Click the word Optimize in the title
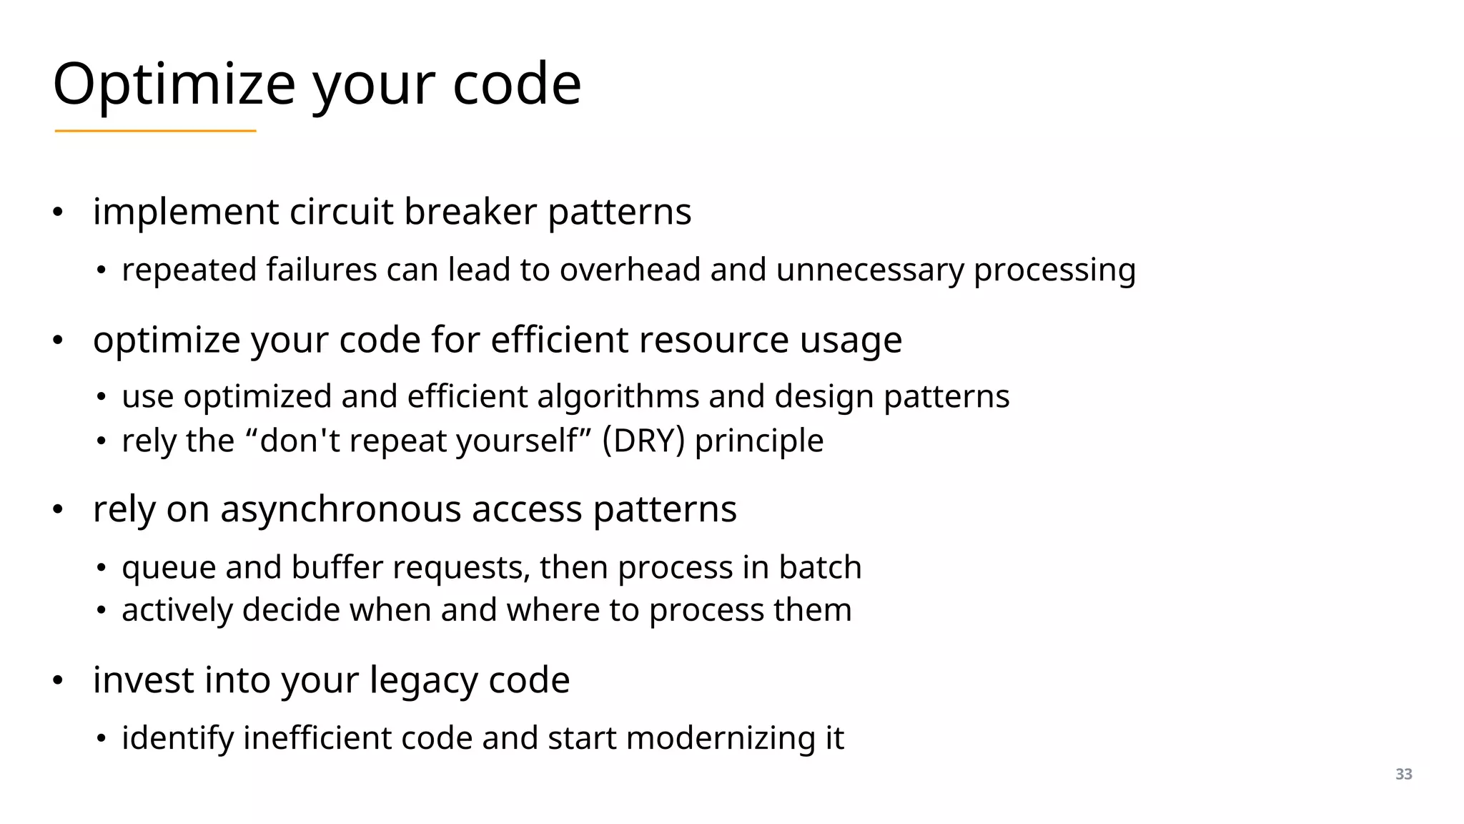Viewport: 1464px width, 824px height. pos(174,84)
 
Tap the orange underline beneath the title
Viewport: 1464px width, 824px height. pos(155,131)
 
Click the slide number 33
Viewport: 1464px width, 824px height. pos(1403,774)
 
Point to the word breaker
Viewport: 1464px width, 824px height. pos(470,212)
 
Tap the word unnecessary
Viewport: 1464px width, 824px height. pos(869,270)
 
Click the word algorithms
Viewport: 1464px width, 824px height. pos(618,397)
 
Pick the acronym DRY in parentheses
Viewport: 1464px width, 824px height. pos(643,441)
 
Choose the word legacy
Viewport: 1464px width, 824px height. pos(423,680)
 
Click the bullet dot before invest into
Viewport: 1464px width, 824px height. pos(59,680)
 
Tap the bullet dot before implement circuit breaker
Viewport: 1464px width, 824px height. pos(59,212)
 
